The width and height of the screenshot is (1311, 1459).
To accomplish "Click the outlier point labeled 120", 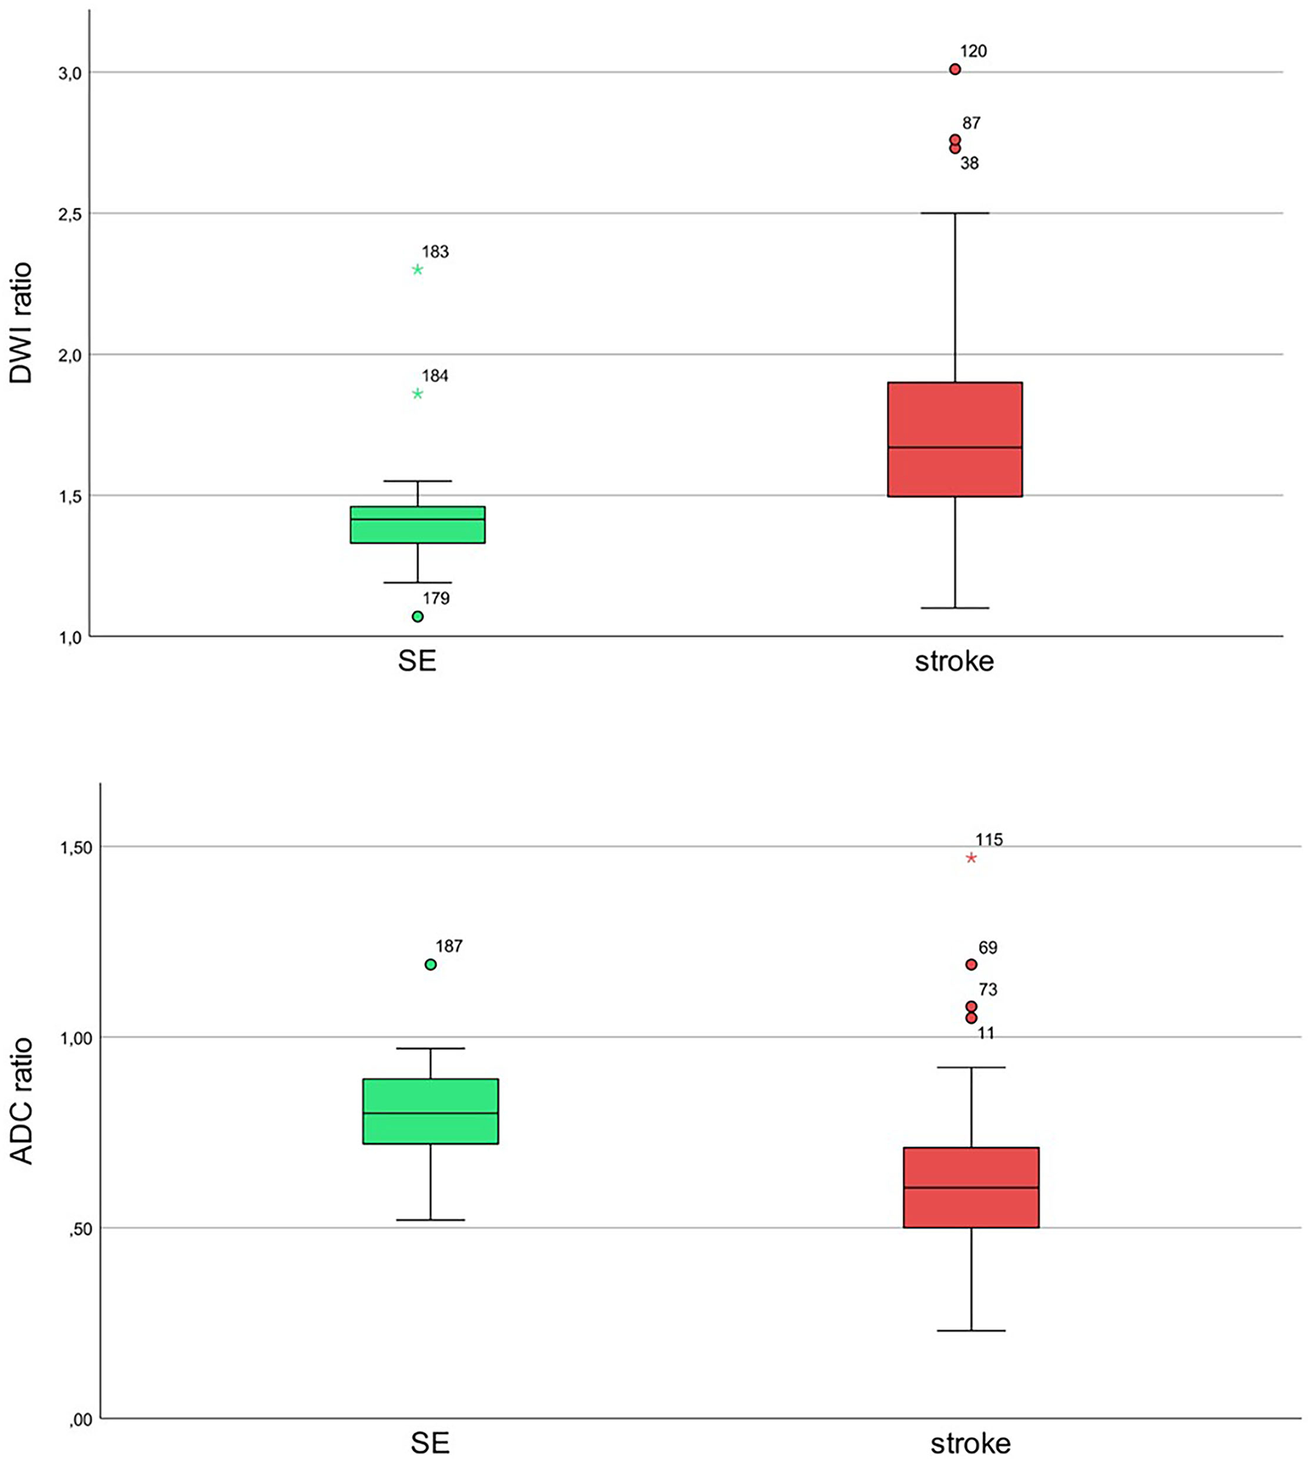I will (954, 70).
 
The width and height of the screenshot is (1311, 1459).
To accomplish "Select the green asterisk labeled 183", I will (417, 269).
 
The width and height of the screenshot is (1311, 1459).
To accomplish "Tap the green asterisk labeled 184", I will (417, 394).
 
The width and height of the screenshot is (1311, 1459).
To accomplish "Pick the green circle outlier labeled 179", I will (417, 616).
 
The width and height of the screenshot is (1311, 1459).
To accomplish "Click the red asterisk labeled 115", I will (971, 858).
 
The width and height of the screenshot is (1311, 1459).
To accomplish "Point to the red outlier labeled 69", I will (971, 965).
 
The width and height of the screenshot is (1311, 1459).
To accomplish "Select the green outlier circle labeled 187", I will (431, 965).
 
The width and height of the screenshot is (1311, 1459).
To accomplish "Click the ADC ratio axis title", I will (22, 1101).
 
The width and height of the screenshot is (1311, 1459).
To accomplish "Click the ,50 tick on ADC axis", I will (78, 1229).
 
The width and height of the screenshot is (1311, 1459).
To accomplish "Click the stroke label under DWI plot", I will (954, 661).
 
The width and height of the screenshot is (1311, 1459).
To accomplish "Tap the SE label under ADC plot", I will (430, 1443).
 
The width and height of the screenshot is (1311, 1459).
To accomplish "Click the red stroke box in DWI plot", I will (954, 415).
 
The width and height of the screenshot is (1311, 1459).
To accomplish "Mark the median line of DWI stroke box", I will (954, 447).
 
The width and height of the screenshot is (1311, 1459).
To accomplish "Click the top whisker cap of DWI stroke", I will (954, 213).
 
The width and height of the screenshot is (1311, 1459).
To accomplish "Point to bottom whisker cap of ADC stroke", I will (971, 1331).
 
